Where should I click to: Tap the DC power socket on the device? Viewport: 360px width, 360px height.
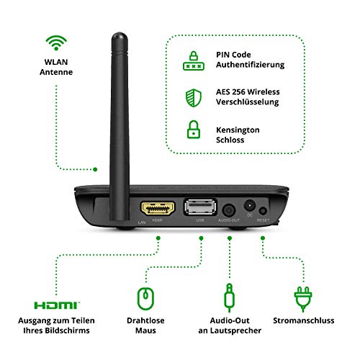pos(251,206)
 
